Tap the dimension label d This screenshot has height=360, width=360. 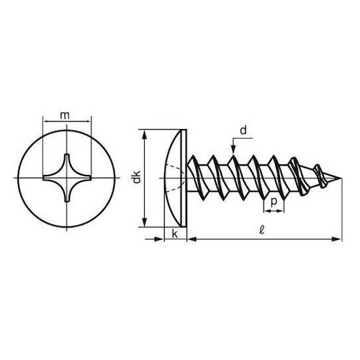(x=243, y=130)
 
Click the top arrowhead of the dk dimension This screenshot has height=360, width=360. (x=147, y=134)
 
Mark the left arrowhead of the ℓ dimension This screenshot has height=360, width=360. (x=193, y=237)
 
